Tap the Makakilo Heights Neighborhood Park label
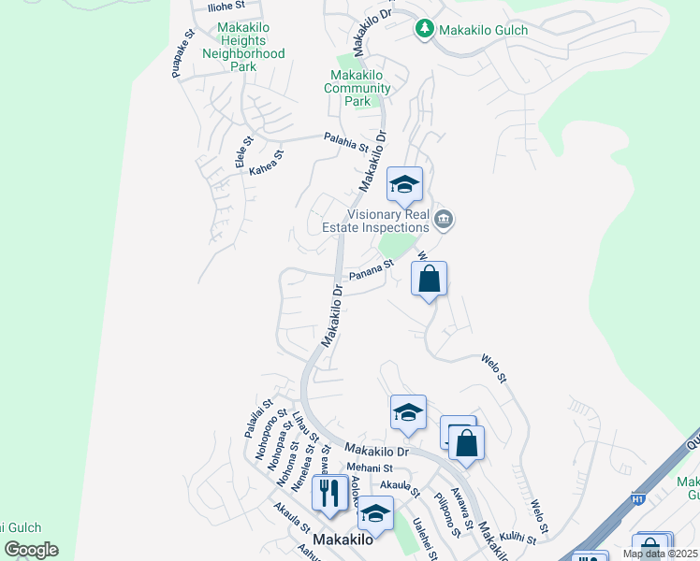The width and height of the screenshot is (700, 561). [x=243, y=47]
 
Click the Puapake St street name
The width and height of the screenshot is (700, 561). [x=182, y=53]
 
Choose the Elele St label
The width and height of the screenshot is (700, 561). [x=241, y=155]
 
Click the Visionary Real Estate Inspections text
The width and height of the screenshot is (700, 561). [x=388, y=220]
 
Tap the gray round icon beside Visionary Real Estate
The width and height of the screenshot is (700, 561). [x=445, y=220]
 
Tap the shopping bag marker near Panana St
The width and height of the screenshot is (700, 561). [x=429, y=279]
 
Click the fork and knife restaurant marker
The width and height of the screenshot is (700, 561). [x=328, y=492]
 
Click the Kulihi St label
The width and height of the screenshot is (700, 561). [x=518, y=539]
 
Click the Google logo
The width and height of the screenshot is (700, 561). [x=31, y=550]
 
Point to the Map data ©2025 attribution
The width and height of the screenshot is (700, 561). [x=660, y=554]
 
